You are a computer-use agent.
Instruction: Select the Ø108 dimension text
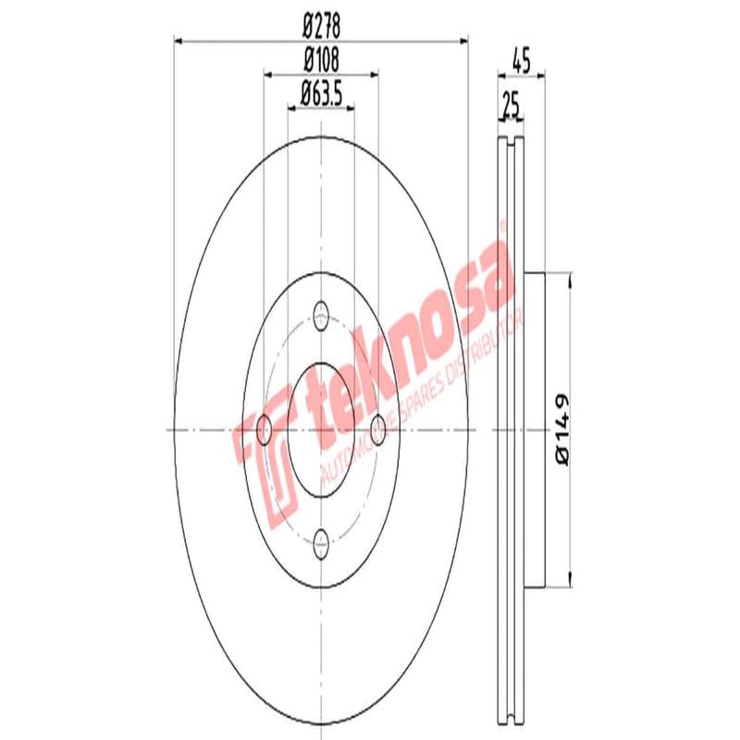(321, 58)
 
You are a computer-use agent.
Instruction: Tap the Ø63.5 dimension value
(321, 92)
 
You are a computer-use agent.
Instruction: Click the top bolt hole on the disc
(321, 311)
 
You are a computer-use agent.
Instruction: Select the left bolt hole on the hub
(264, 427)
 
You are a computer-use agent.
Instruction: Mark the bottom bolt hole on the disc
(321, 541)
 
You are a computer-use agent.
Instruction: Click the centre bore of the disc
(321, 427)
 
